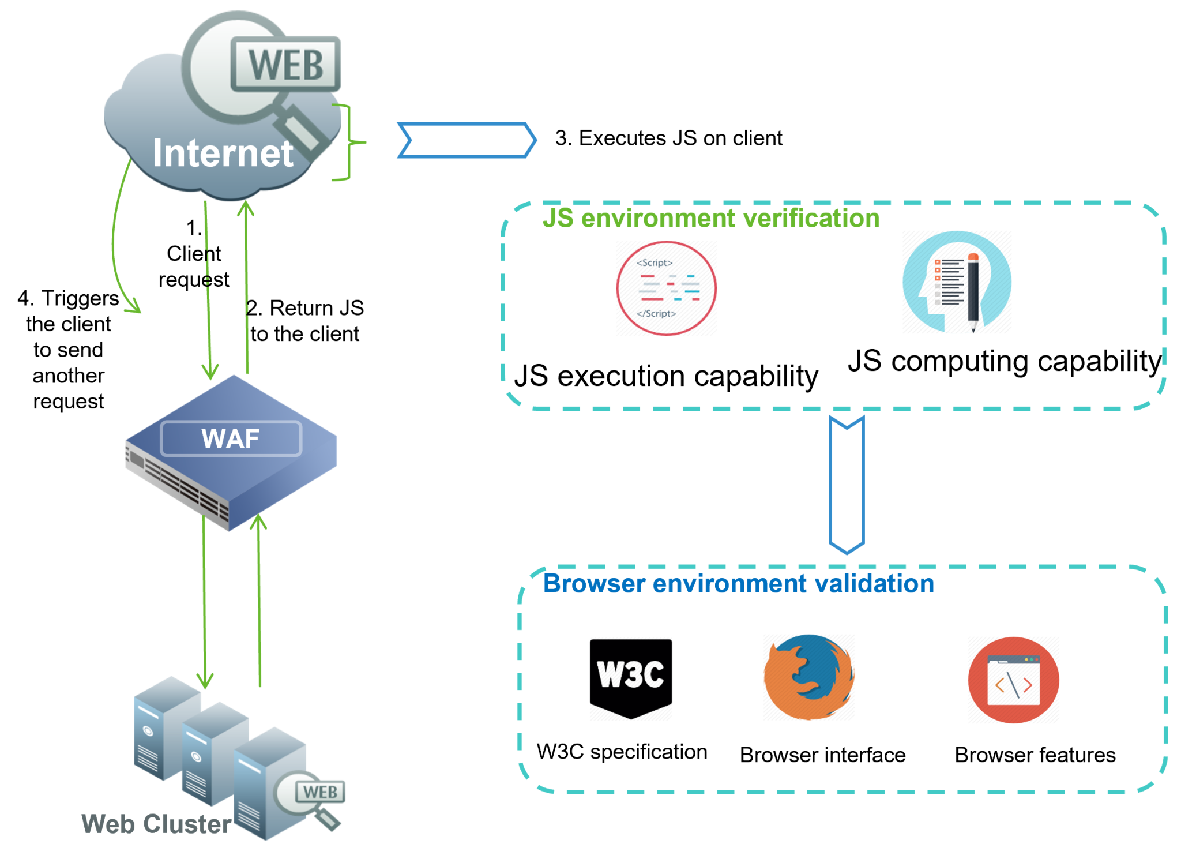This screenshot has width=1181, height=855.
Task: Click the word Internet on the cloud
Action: [223, 153]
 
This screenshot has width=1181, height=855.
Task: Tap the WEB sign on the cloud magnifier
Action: [285, 65]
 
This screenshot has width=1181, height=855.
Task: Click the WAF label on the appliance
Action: [231, 439]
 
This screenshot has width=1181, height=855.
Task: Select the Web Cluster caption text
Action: [156, 824]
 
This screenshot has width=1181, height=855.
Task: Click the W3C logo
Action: [630, 678]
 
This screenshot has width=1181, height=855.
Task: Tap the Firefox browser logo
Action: [809, 677]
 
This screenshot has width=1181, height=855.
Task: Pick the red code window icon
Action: [1013, 680]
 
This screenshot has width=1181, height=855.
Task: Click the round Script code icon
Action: [666, 288]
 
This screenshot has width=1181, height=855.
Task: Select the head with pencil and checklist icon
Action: [957, 283]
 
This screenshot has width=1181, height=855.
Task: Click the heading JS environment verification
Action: [710, 219]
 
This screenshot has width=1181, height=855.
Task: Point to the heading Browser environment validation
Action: [738, 584]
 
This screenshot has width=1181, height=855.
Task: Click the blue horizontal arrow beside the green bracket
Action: [467, 140]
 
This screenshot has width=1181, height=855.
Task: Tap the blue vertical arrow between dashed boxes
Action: [847, 485]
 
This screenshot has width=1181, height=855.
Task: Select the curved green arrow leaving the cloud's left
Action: [116, 242]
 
